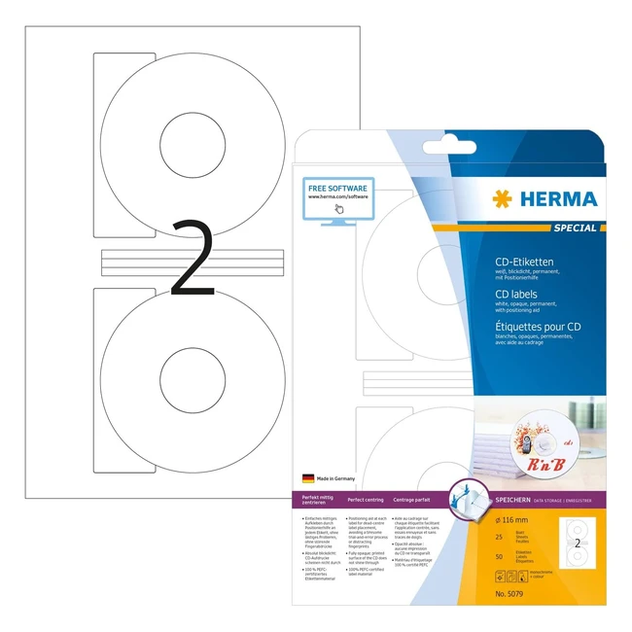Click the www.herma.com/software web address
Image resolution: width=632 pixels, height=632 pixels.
(338, 196)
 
